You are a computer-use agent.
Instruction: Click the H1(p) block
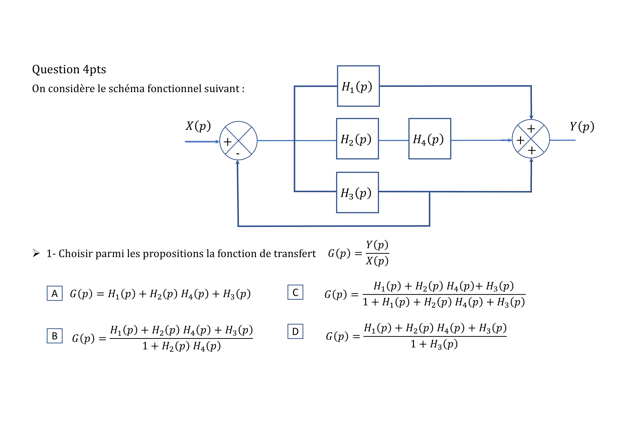358,86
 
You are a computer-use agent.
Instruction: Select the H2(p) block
357,139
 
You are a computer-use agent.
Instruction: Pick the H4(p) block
430,139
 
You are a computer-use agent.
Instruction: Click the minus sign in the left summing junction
238,154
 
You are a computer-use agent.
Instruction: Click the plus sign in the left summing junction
228,142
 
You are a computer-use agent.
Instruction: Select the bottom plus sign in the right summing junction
532,150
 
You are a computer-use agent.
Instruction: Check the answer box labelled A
54,293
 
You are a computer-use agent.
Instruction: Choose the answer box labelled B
54,336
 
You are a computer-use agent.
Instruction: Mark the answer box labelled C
295,292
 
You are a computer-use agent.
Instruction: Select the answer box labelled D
295,331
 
